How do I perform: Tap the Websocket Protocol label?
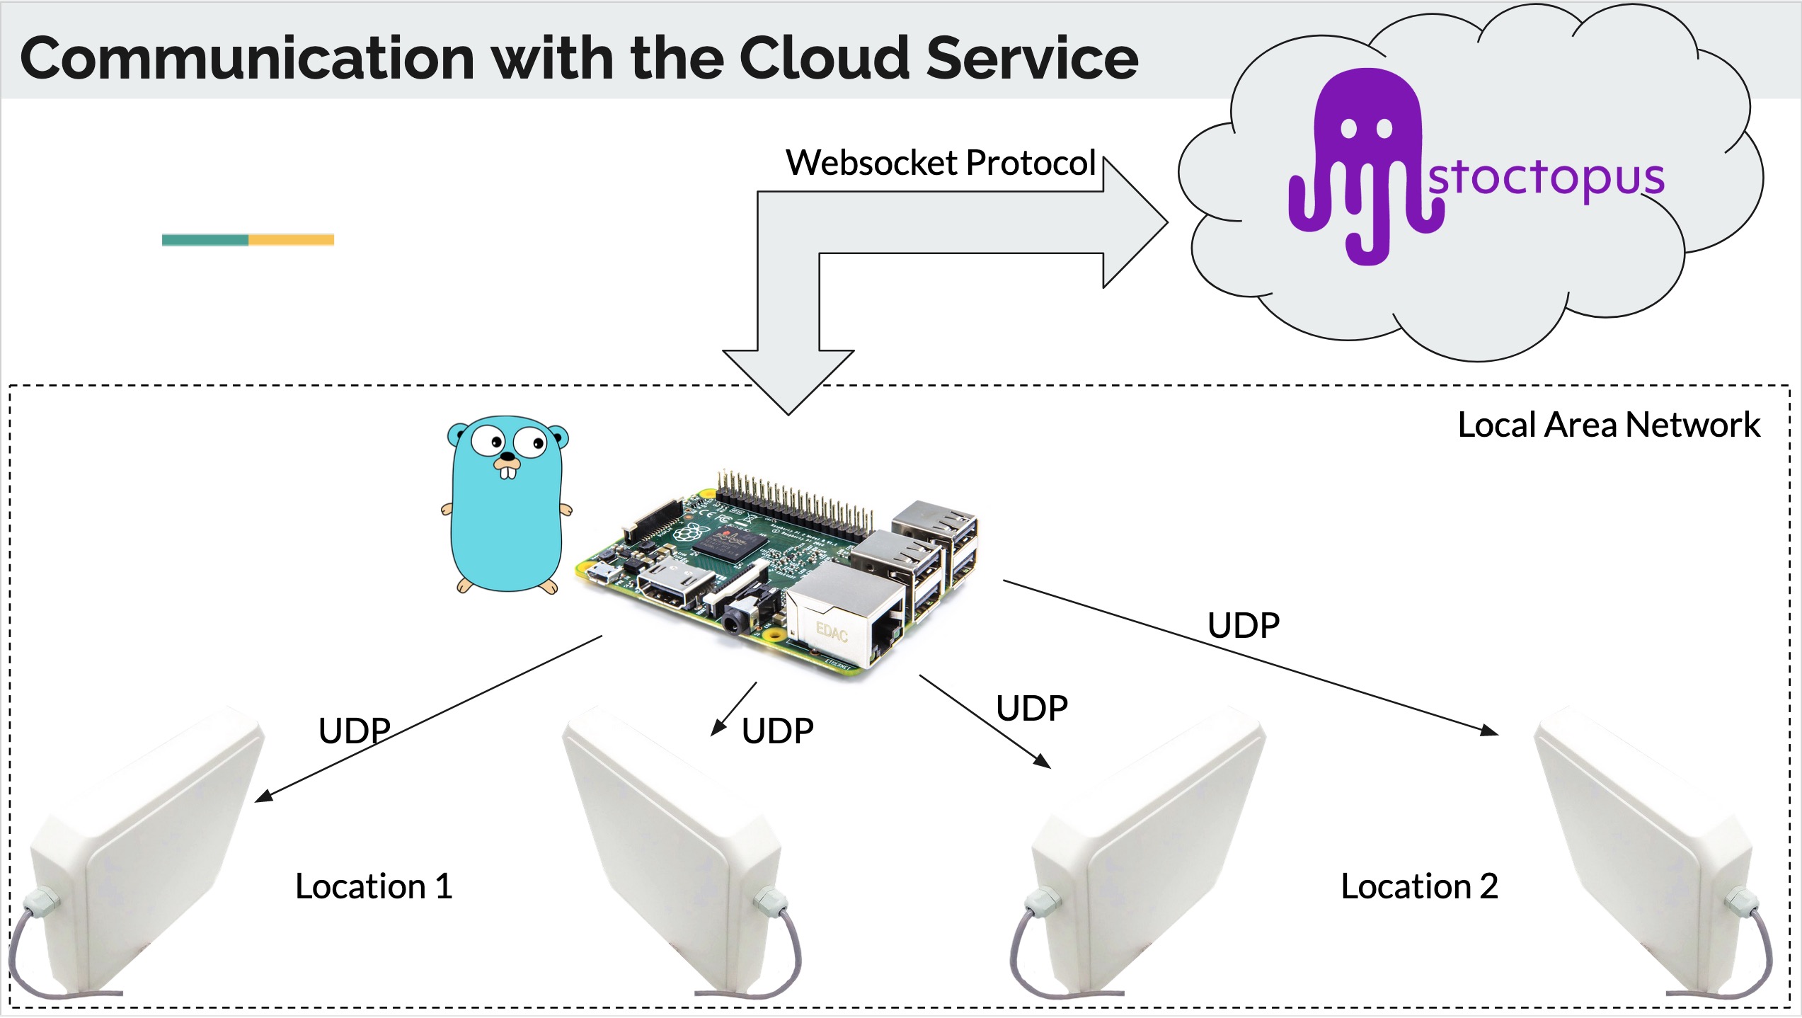point(941,163)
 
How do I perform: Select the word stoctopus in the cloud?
point(1546,177)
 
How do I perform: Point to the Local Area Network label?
point(1609,425)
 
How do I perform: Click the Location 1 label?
point(374,886)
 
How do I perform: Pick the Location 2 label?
point(1420,886)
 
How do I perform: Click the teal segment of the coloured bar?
point(205,240)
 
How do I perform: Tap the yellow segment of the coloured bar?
point(291,240)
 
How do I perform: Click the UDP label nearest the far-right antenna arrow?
point(1244,626)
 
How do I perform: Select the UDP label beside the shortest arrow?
point(777,731)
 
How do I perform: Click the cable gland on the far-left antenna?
point(41,904)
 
